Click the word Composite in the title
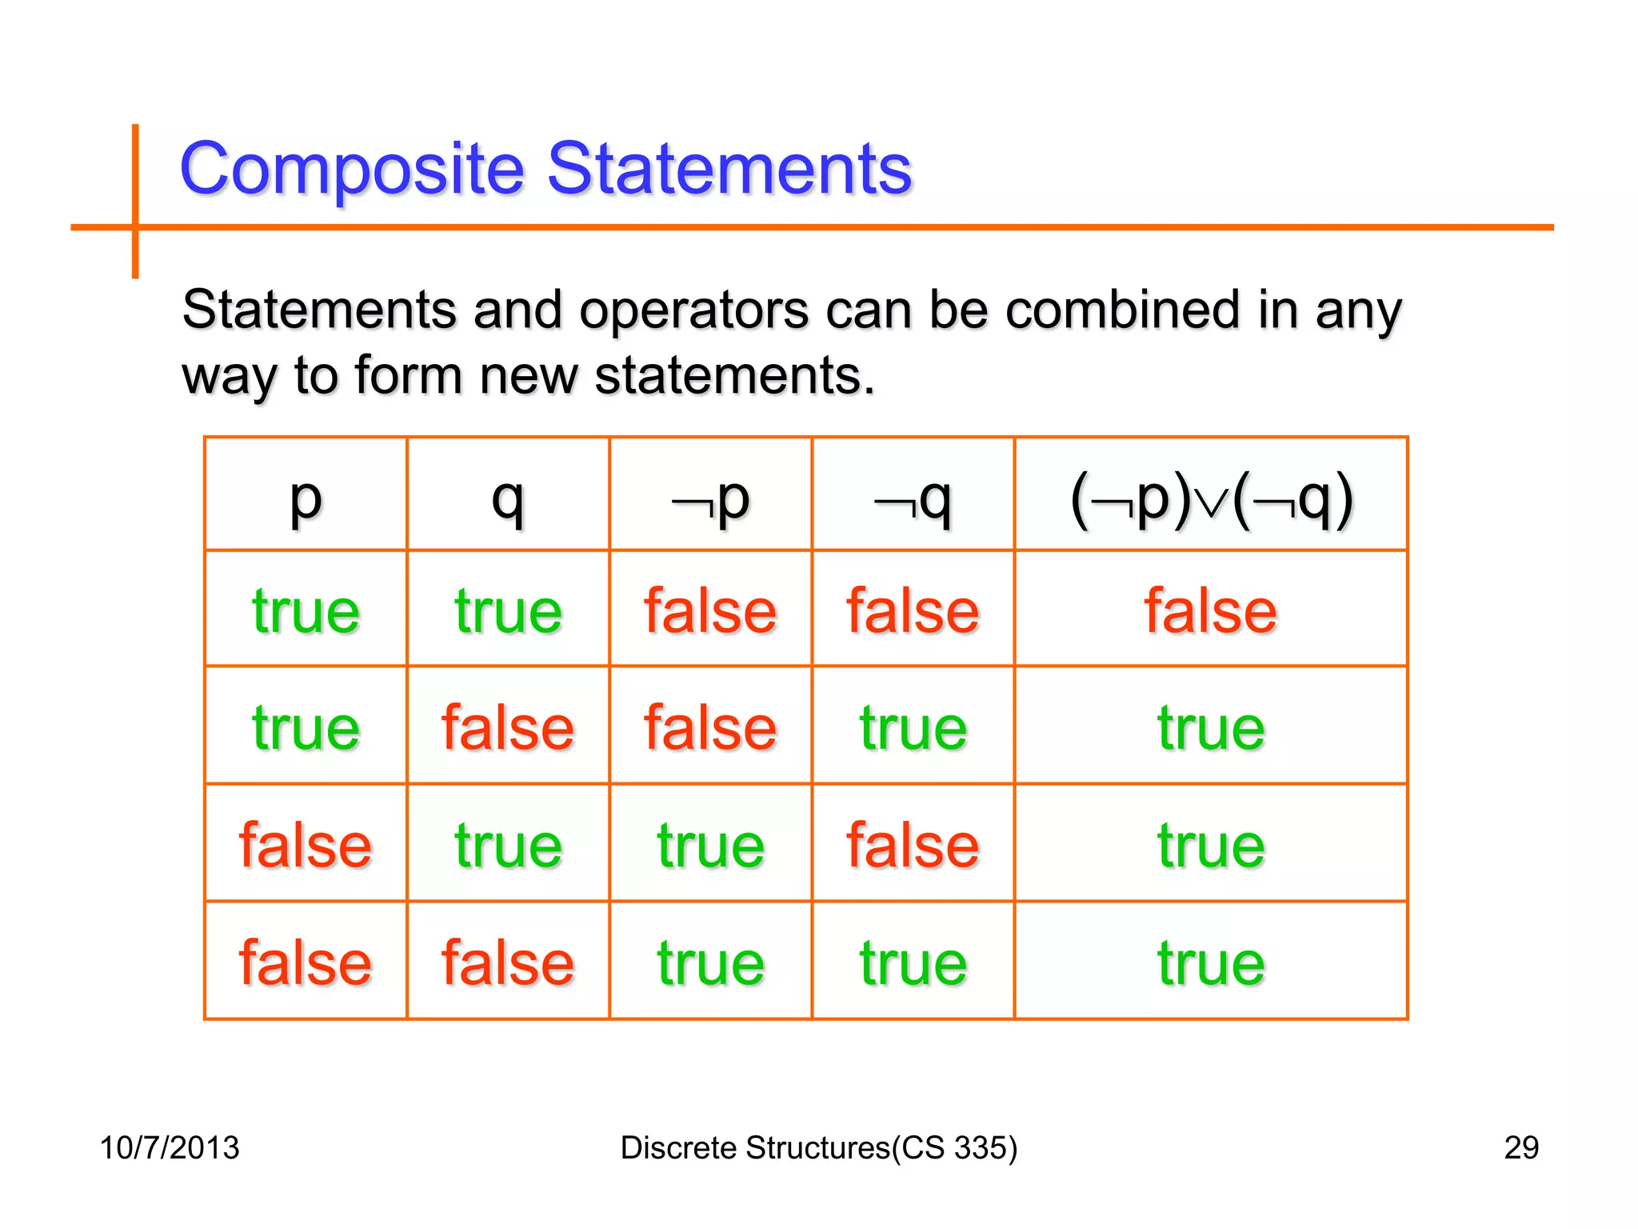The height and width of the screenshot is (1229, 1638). [352, 169]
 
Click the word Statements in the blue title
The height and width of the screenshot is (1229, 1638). [729, 169]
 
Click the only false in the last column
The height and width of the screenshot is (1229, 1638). [1210, 611]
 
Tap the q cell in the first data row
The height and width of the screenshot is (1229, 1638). [508, 611]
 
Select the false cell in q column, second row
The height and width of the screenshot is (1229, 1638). [508, 727]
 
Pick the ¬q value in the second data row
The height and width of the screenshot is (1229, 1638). [913, 727]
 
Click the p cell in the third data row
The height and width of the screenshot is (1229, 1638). [306, 845]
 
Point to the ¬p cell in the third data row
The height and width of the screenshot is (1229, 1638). [710, 845]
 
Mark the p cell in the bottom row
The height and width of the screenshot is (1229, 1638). [306, 963]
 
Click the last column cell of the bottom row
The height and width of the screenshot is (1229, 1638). [1210, 963]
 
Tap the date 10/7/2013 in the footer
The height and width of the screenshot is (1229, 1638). [169, 1147]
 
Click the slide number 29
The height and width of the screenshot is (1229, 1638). [1520, 1147]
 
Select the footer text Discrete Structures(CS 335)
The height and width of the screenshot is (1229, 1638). [818, 1147]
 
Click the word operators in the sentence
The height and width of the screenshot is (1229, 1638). [693, 310]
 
